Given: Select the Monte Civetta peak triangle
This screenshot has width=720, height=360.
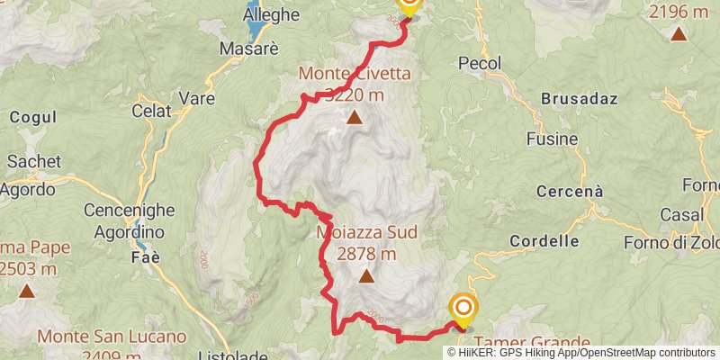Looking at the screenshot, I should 355,117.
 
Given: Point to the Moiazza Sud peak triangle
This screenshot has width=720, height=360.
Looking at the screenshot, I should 365,276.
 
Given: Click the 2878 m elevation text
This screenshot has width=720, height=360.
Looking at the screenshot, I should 366,254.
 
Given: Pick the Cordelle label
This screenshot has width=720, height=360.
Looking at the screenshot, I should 544,241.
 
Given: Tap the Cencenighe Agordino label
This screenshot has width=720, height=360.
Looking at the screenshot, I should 127,220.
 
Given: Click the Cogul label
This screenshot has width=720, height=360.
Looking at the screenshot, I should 33,117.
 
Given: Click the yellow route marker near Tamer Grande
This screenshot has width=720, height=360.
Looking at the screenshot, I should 463,310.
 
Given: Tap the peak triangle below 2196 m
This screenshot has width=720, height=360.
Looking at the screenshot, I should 677,35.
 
